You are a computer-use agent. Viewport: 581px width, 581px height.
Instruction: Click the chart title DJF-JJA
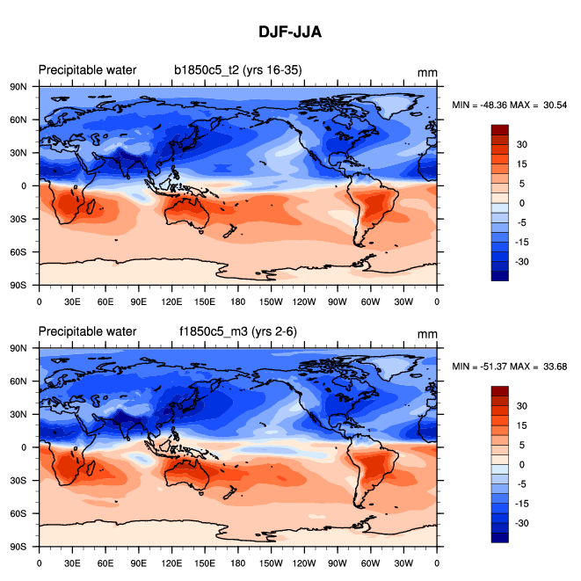tap(290, 33)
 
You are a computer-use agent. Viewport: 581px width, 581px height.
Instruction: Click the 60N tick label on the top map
tap(24, 120)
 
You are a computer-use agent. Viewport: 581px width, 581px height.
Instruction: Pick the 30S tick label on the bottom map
tap(24, 480)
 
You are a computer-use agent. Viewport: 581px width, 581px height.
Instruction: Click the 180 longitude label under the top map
tap(238, 301)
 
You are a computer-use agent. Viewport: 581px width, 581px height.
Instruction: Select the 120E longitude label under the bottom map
tap(171, 562)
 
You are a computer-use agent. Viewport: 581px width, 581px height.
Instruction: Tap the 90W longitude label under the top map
tap(338, 301)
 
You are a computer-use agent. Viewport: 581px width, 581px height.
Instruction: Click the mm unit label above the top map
tap(427, 74)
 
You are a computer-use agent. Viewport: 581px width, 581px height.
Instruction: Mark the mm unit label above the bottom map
tap(427, 335)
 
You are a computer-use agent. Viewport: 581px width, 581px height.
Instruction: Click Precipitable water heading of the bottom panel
tap(87, 331)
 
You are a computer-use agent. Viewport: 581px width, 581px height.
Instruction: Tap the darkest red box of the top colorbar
tap(500, 129)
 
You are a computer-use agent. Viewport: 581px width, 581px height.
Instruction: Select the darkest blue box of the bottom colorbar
tap(500, 537)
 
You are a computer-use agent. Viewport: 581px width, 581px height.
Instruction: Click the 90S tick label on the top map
tap(24, 286)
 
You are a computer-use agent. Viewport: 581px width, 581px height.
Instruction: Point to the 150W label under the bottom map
tap(271, 562)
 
